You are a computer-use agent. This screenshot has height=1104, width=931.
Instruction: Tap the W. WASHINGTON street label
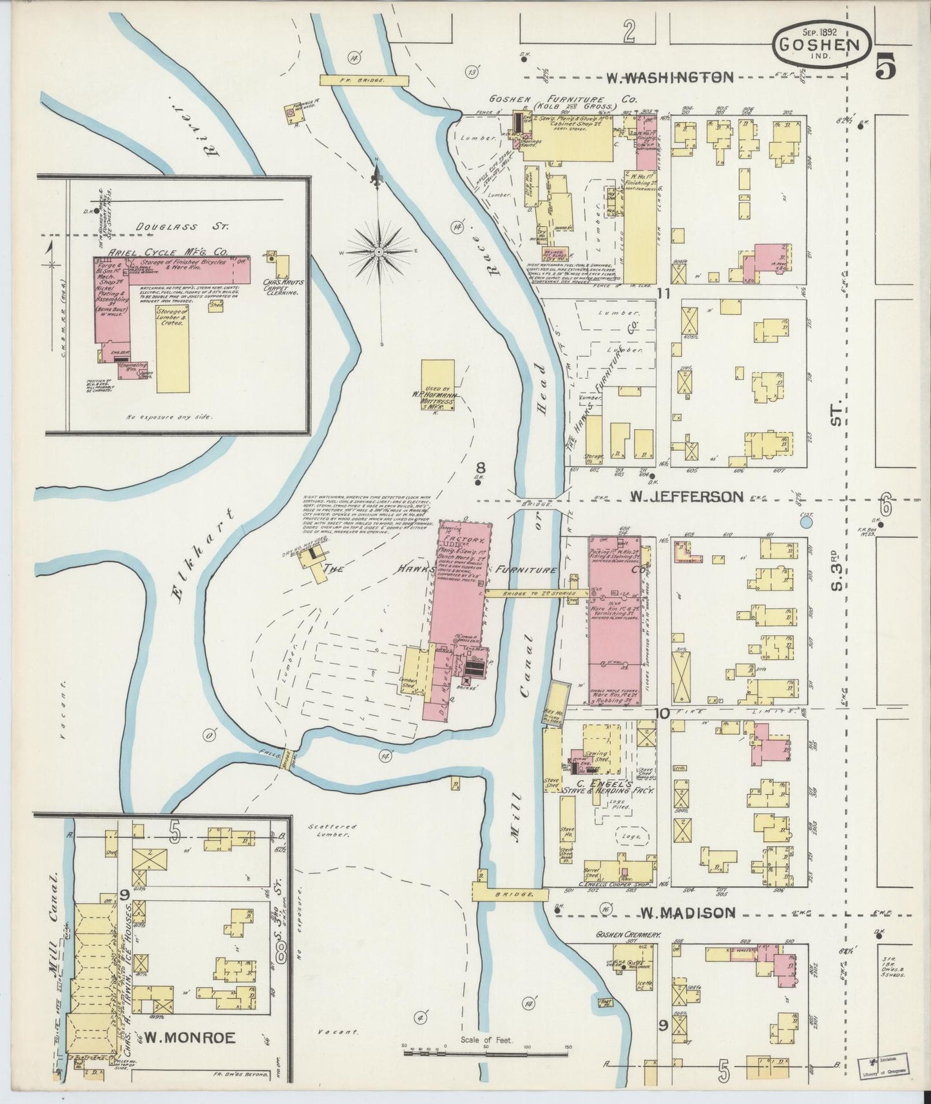click(669, 77)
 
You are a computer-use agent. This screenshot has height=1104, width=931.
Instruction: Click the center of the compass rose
click(379, 251)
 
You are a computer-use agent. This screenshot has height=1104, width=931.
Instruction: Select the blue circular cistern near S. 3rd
click(805, 522)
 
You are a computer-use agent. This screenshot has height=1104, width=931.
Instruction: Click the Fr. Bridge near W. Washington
click(365, 80)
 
